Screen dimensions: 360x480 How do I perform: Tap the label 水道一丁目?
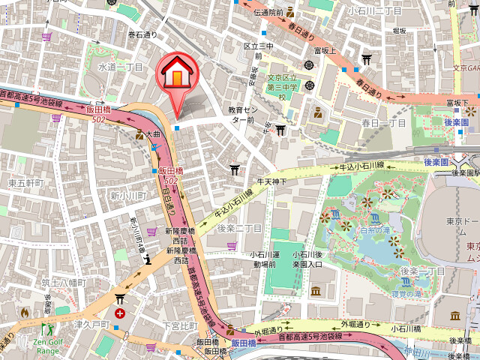click(x=120, y=67)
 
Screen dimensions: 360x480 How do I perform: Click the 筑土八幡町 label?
click(x=64, y=283)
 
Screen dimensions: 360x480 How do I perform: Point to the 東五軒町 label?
click(x=25, y=183)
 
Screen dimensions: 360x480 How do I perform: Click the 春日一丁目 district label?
click(x=383, y=122)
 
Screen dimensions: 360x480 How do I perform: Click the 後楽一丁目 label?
click(x=423, y=270)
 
